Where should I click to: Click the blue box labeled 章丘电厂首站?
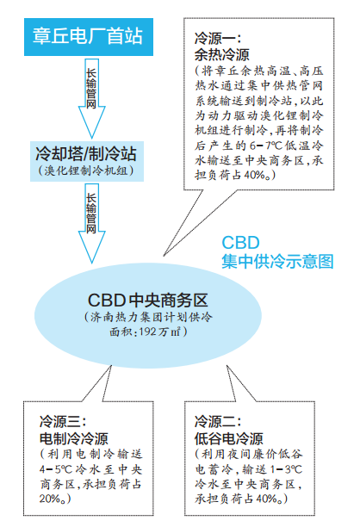[89, 37]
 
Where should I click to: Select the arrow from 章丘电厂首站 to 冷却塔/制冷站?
[91, 98]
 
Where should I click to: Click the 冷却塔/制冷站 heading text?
[86, 153]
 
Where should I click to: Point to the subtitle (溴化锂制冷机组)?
[86, 170]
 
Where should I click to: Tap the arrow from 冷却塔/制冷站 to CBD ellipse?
[91, 223]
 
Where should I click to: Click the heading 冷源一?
[218, 38]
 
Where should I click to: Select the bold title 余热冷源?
[222, 55]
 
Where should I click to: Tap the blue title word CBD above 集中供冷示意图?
[240, 243]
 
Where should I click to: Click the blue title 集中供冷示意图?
[277, 262]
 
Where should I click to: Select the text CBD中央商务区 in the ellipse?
[148, 301]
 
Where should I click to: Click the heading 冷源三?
[63, 421]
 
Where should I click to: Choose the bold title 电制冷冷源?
[74, 438]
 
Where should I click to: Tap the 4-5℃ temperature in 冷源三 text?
[56, 469]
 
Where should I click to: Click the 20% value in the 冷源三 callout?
[51, 499]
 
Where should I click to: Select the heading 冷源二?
[218, 421]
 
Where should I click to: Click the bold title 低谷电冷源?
[229, 438]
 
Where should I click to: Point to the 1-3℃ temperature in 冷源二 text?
[286, 469]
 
